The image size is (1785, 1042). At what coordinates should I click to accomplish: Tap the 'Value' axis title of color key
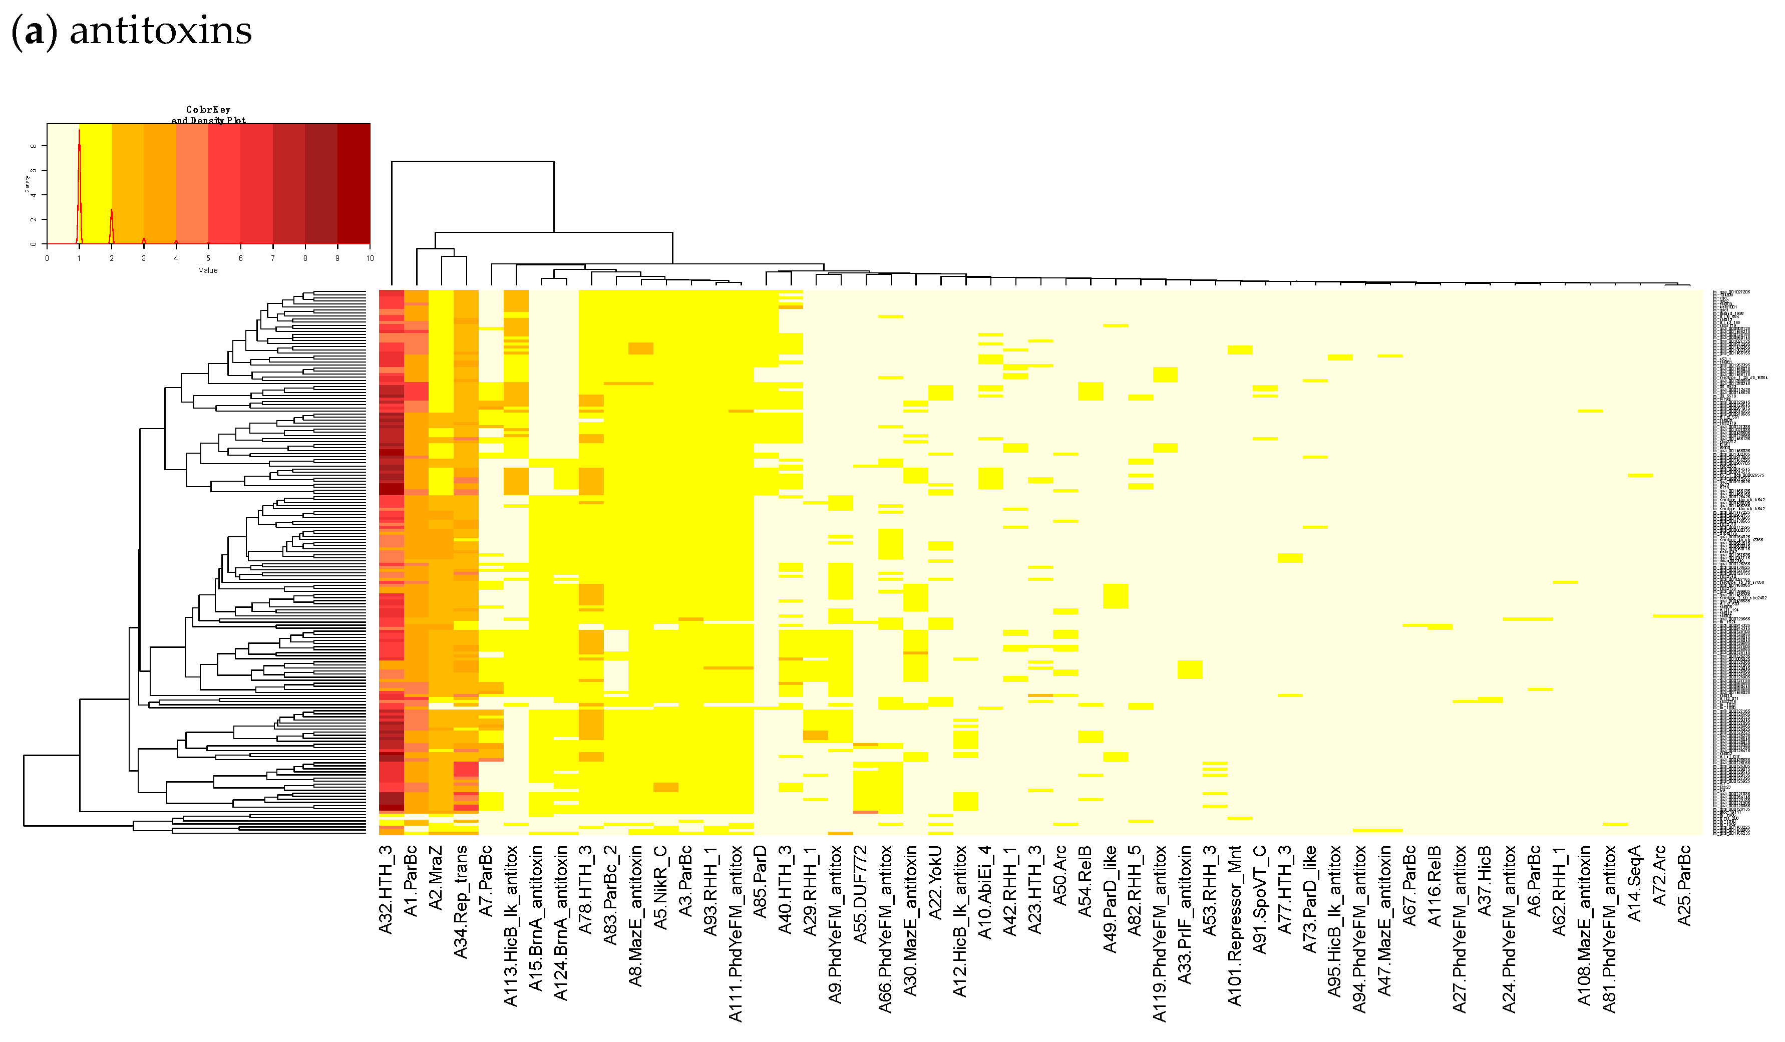point(208,270)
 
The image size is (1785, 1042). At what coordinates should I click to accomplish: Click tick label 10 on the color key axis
point(370,258)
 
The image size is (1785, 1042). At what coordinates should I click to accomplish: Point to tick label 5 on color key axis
point(208,258)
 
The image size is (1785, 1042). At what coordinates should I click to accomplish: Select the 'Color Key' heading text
point(208,109)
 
